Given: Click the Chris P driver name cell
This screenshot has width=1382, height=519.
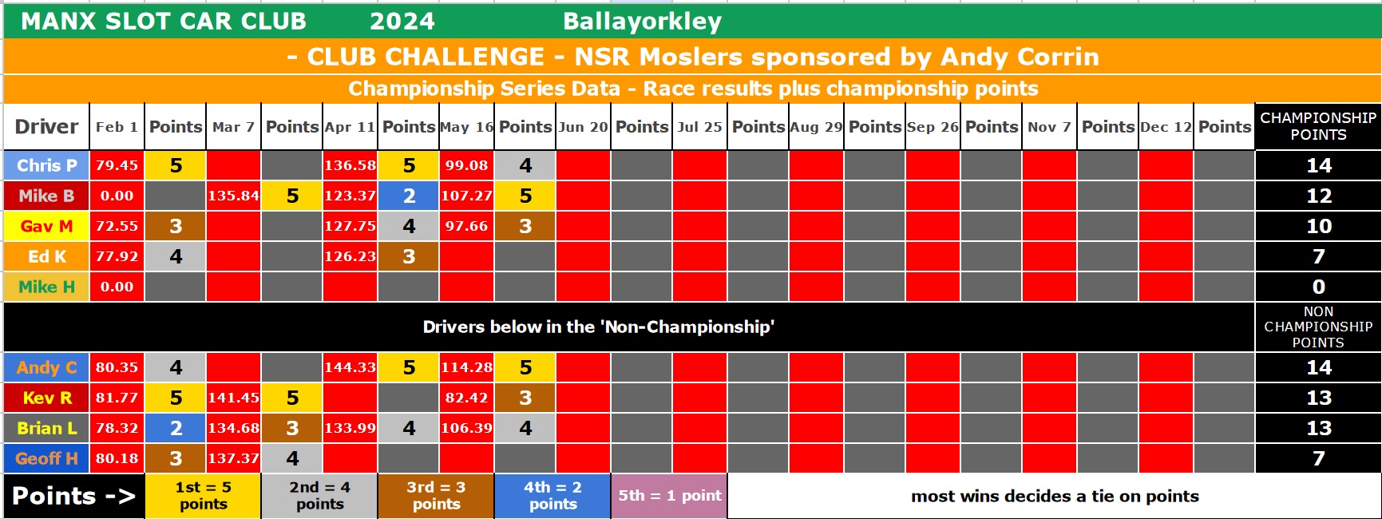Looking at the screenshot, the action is coord(46,165).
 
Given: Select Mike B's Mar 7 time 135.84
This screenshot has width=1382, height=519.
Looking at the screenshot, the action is coord(233,196).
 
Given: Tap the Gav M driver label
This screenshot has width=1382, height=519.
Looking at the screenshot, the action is coord(46,226).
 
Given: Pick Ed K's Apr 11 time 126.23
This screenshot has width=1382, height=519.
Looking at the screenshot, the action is coord(350,256).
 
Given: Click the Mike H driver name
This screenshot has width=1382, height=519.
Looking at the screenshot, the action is coord(46,287).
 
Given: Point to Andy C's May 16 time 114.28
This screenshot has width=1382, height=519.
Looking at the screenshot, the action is coord(466,367).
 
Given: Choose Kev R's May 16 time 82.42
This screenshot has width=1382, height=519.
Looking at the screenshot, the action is coord(466,398).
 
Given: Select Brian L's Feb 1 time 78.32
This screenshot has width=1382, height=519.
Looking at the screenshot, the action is coord(117,428).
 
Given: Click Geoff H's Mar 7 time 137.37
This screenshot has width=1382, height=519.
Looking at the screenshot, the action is coord(233,458).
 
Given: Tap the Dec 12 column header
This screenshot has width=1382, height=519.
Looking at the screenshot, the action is coord(1166,127).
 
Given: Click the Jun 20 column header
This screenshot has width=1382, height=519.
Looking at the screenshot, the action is coord(583,127).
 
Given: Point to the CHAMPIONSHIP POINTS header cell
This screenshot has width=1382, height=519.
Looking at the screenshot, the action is coord(1318,126).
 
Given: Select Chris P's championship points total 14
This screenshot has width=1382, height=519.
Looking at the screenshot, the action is coord(1318,165).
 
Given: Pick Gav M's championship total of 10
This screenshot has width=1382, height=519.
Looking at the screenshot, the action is coord(1318,226).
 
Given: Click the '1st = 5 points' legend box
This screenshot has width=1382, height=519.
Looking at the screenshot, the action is coord(203,496).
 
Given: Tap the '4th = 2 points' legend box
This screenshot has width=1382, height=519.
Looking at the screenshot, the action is coord(552,496).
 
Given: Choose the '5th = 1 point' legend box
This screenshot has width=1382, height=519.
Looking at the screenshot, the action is coord(669,496).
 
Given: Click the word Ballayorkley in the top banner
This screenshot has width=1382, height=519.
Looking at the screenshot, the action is coord(642,22).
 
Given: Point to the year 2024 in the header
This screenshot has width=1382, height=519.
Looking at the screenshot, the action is coord(402,22).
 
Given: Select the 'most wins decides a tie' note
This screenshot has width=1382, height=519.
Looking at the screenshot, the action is coord(1055,496).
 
